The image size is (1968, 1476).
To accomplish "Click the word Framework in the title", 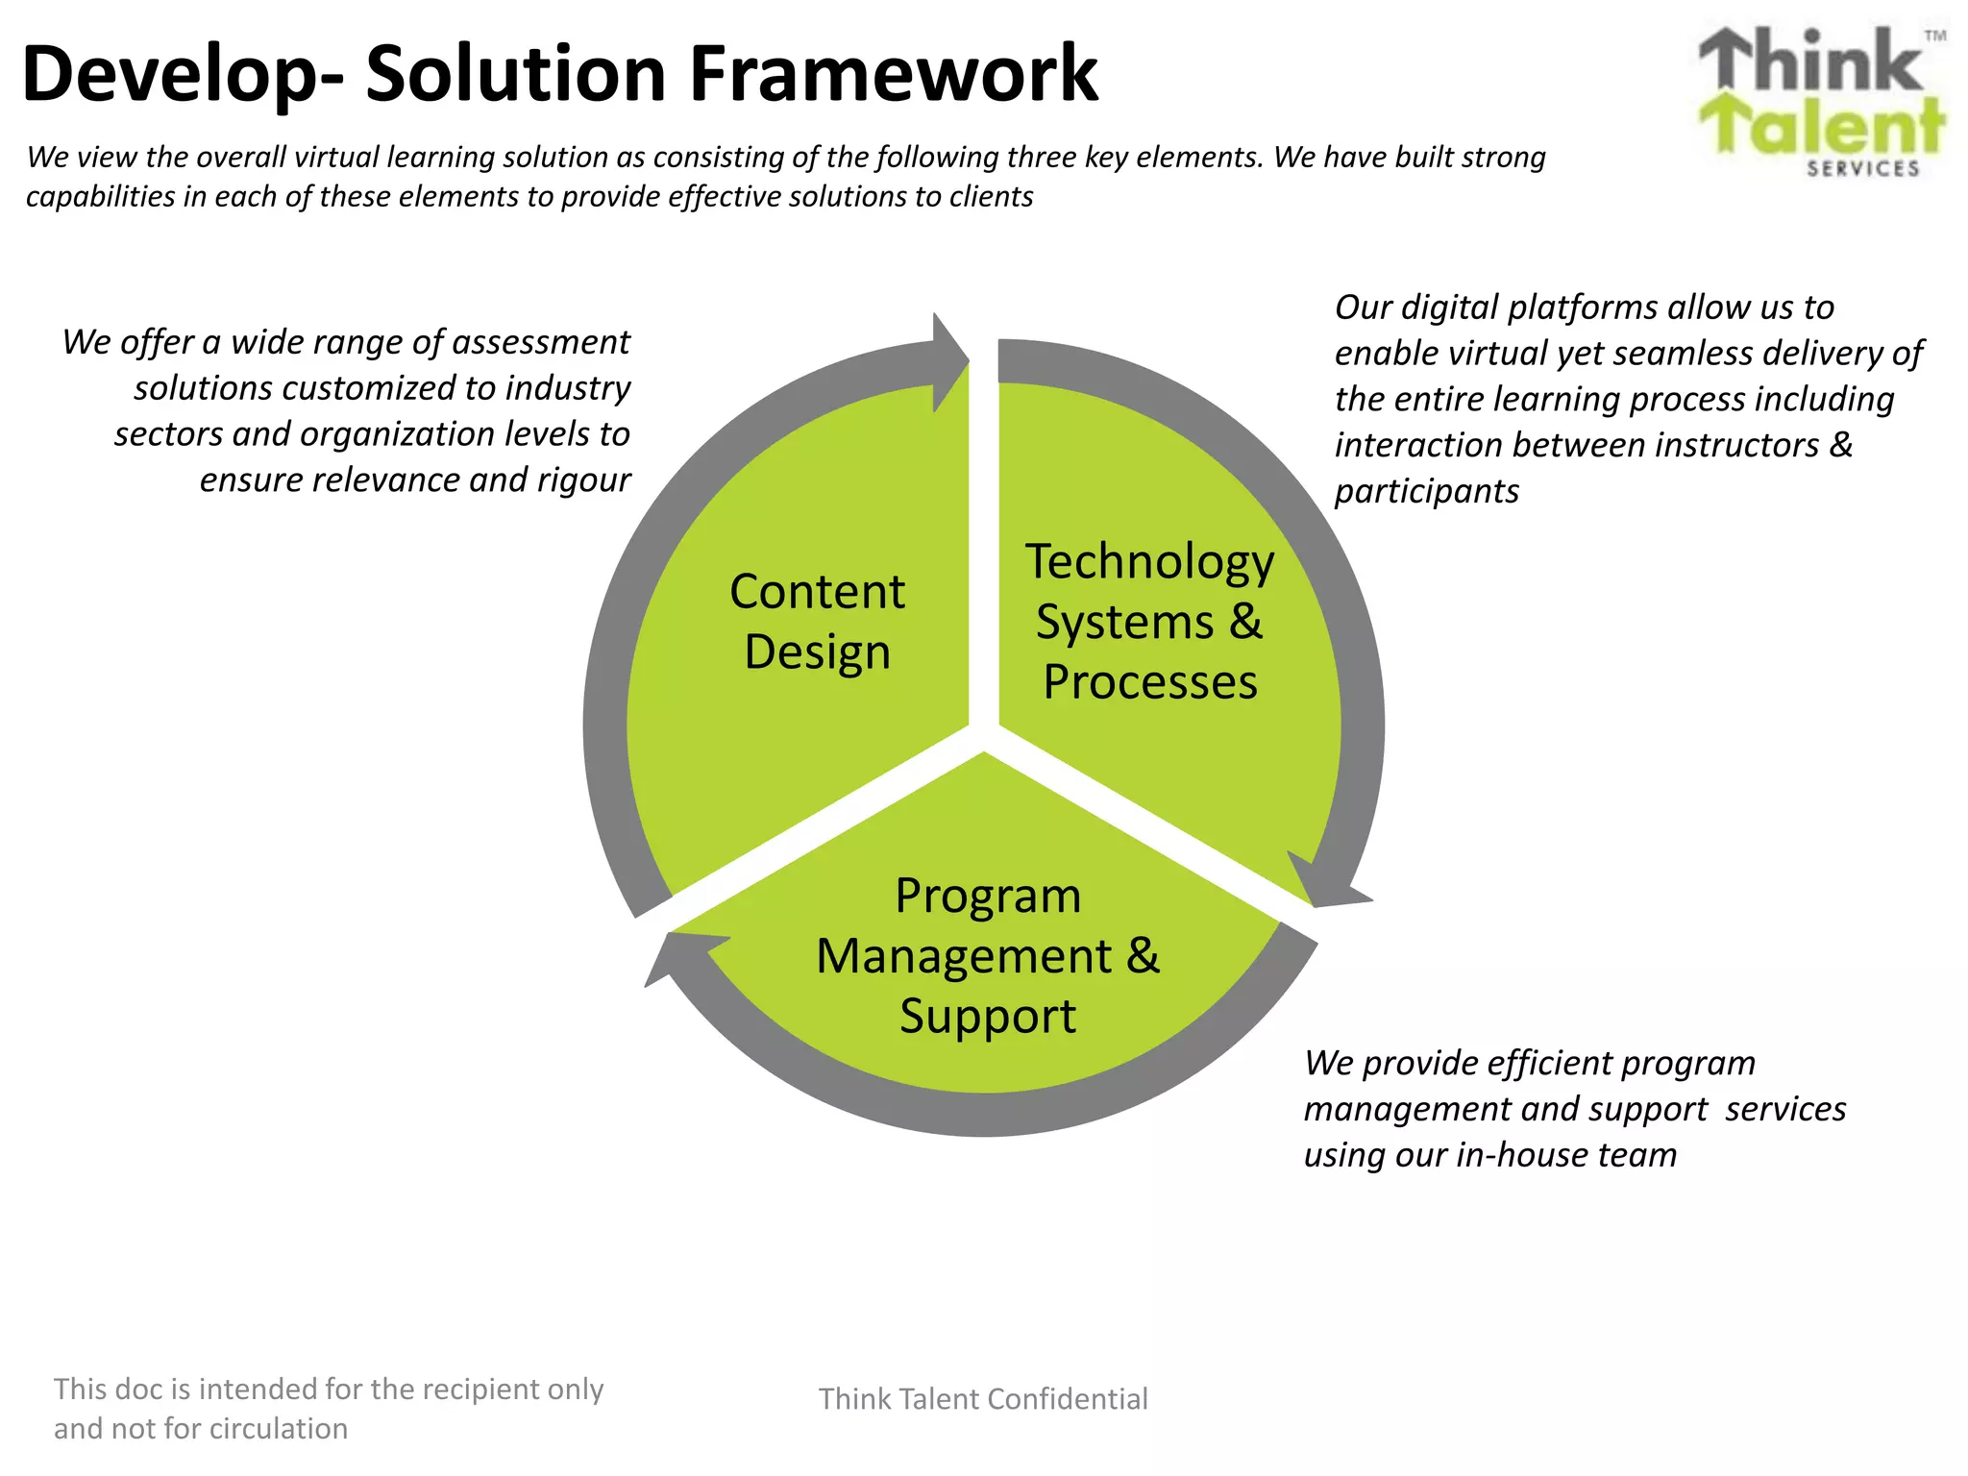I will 894,75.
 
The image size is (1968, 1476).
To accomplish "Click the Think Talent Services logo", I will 1821,101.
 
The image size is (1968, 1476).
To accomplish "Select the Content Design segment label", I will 817,621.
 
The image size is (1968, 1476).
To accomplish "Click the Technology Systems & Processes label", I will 1149,621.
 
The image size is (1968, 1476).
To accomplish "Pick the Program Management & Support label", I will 988,955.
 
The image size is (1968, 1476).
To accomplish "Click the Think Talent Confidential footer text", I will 983,1399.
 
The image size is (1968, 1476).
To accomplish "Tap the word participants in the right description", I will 1426,491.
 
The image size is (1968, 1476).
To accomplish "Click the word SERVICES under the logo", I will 1862,169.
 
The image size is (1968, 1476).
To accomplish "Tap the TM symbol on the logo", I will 1935,36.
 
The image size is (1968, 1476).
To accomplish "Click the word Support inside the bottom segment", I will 988,1016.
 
